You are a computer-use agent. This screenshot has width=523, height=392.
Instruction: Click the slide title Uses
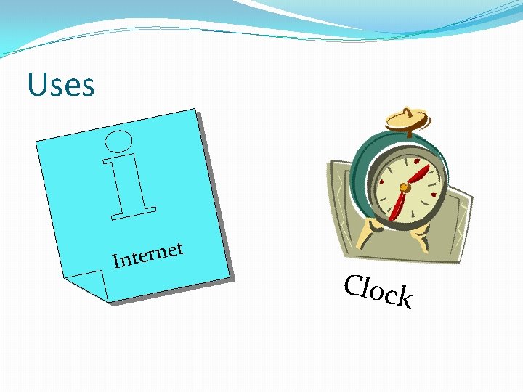tap(61, 85)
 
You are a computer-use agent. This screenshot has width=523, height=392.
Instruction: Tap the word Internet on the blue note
tap(148, 255)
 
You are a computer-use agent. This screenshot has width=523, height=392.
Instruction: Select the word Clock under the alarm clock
tap(378, 291)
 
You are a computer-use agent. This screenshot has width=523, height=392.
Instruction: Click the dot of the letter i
tap(118, 141)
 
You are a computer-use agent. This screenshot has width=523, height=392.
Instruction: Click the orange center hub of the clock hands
tap(405, 187)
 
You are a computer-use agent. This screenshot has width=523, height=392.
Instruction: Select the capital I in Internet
tap(117, 261)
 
